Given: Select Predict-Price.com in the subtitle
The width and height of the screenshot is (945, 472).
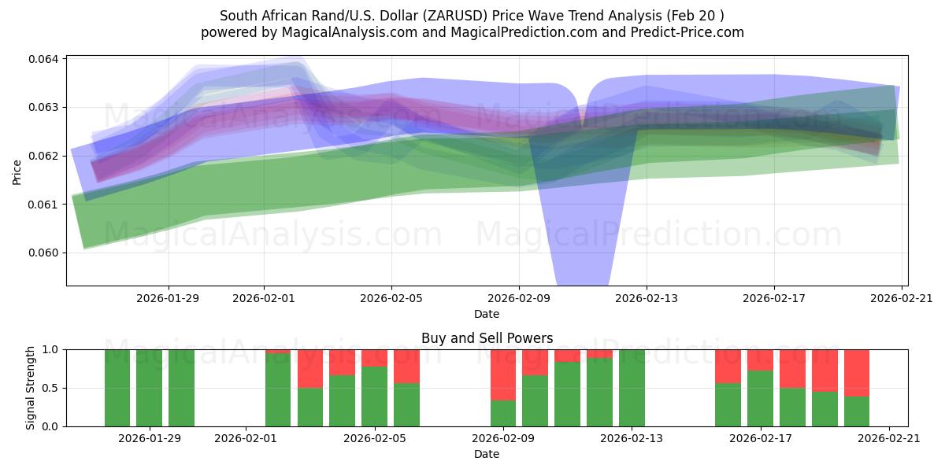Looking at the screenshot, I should click(680, 32).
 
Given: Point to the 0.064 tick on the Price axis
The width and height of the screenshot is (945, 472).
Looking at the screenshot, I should click(45, 59).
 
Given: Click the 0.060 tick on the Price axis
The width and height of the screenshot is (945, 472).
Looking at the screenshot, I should click(45, 253).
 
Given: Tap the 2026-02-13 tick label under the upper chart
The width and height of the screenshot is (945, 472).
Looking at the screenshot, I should click(646, 299).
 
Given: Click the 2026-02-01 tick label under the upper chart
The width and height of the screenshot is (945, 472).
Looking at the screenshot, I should click(264, 299).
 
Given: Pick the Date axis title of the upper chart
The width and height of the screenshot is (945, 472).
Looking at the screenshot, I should click(486, 314).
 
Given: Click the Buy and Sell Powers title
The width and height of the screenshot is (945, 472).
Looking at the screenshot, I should click(487, 338).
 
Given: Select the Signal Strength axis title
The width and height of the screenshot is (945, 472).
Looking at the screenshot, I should click(30, 387).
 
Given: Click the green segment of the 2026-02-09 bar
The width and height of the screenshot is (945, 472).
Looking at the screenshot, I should click(503, 413).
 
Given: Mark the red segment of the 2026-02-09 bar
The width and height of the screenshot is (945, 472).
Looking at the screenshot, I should click(503, 374).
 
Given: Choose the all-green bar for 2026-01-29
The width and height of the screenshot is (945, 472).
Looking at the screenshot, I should click(149, 387).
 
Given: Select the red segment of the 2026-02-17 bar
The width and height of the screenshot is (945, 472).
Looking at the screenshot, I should click(760, 360).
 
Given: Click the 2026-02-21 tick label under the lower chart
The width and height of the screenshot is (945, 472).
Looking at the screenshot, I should click(889, 439).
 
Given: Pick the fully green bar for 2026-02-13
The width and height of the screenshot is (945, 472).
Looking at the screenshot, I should click(632, 387).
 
